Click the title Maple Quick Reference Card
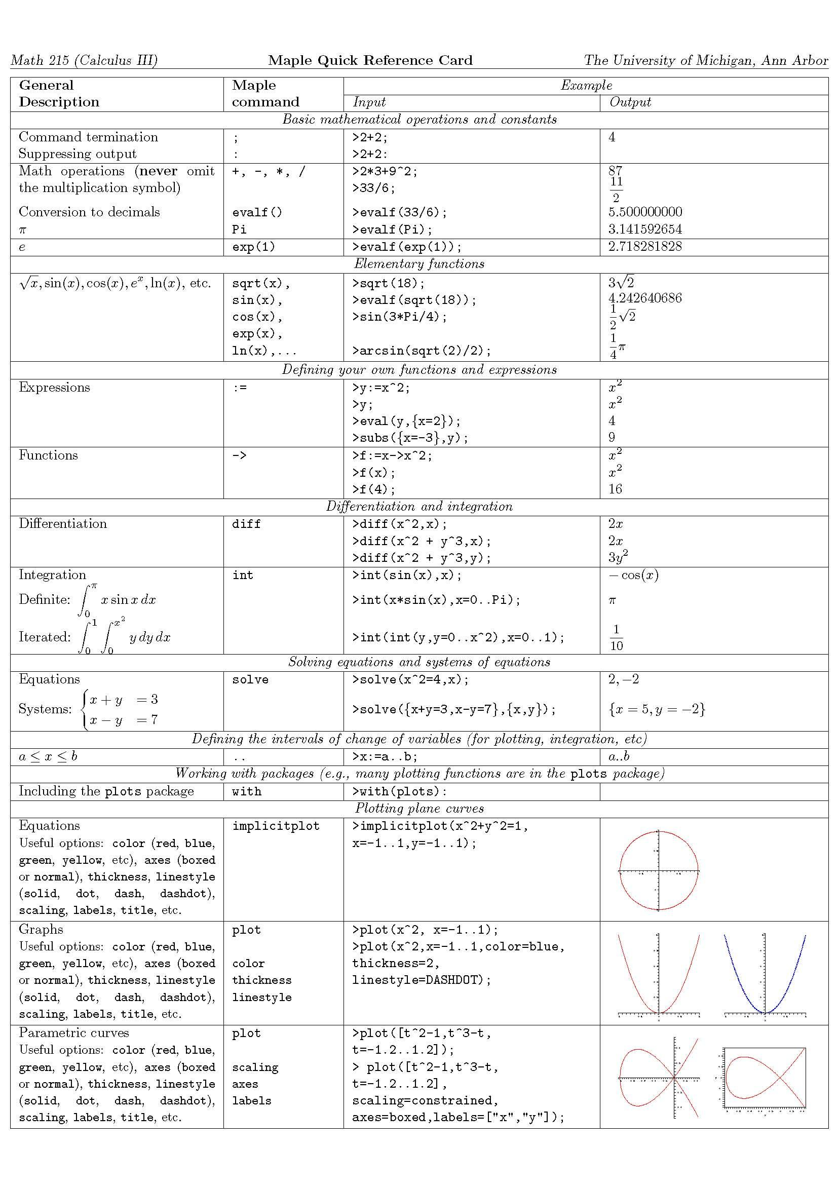[370, 60]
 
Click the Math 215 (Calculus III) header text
[84, 60]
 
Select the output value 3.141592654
[645, 229]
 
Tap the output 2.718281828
[645, 246]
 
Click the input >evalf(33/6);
[399, 212]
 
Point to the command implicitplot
[276, 826]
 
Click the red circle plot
[658, 871]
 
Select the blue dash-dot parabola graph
[765, 975]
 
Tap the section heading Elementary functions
[419, 264]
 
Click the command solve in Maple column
[250, 680]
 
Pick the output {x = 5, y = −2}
[657, 709]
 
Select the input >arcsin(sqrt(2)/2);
[421, 351]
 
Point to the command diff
[246, 524]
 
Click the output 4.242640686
[645, 298]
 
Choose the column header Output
[630, 102]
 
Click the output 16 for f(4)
[615, 489]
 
